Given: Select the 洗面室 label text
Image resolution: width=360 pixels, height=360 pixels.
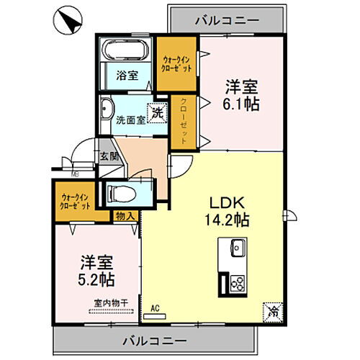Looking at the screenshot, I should pyautogui.click(x=131, y=120).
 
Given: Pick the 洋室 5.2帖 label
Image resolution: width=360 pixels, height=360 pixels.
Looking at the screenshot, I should pyautogui.click(x=96, y=269).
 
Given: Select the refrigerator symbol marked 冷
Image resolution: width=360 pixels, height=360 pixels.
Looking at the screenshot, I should pyautogui.click(x=273, y=311).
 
